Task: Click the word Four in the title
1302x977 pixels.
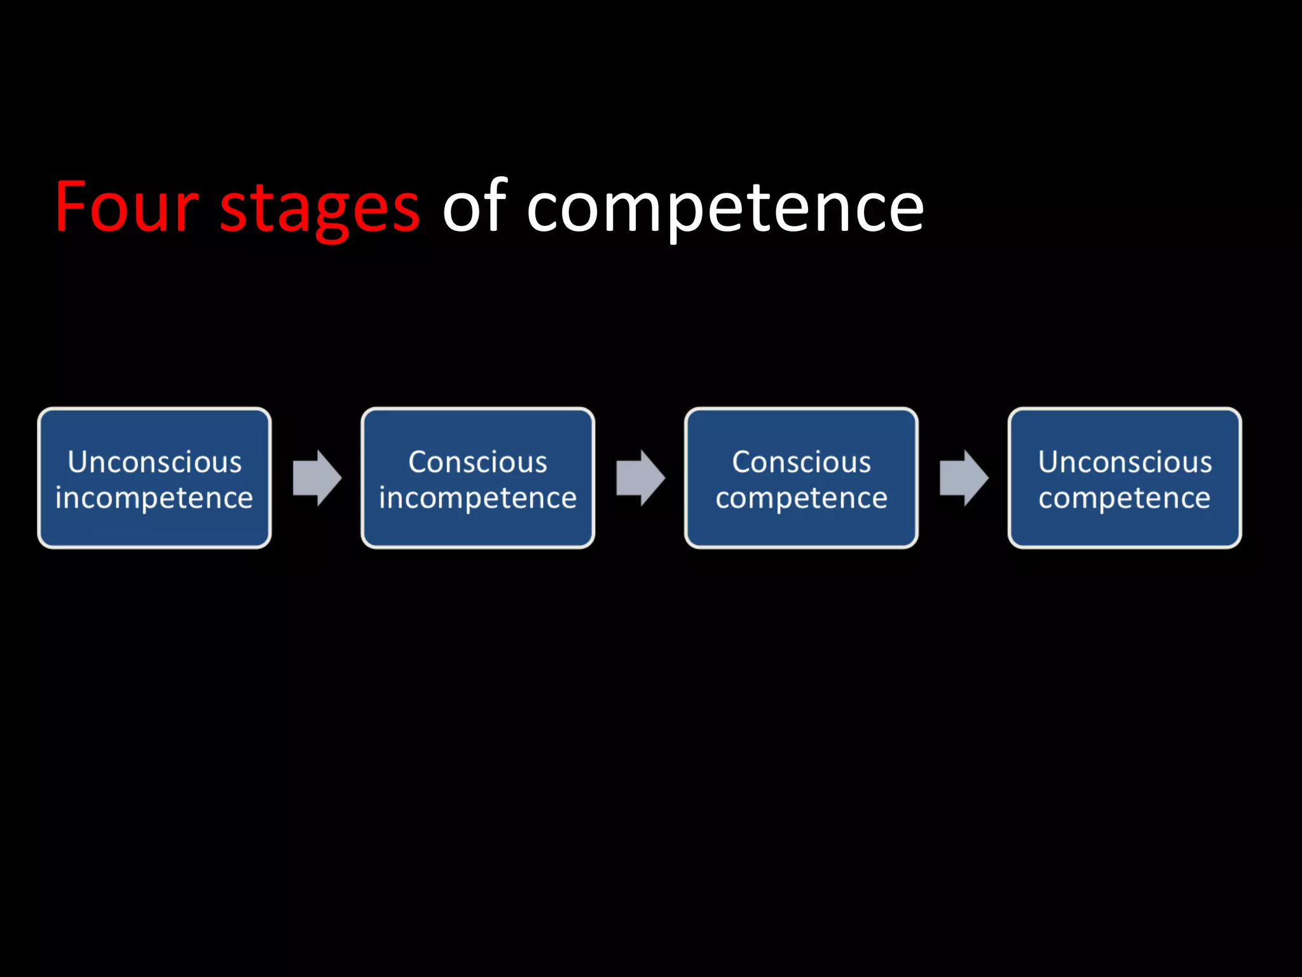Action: click(x=126, y=207)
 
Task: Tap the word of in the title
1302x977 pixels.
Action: click(x=474, y=206)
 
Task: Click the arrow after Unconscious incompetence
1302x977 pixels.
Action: click(x=317, y=478)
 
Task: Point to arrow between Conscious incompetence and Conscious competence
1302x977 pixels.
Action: click(x=640, y=478)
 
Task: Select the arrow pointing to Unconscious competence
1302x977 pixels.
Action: click(x=964, y=478)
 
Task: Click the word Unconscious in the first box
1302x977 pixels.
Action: click(x=154, y=462)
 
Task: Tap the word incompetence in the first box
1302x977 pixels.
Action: click(x=154, y=498)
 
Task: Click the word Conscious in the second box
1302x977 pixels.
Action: click(x=478, y=462)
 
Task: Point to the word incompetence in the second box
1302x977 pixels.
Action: click(x=478, y=498)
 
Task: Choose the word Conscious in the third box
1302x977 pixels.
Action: click(x=801, y=462)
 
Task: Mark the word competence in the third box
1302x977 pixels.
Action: click(x=801, y=498)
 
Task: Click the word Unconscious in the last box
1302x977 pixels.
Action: click(x=1125, y=462)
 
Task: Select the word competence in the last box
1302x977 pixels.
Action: click(x=1125, y=498)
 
